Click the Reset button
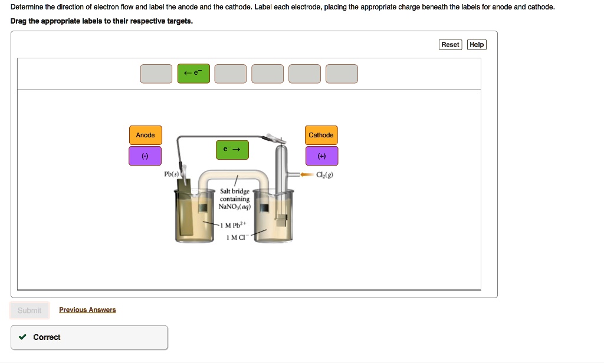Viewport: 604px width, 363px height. click(450, 45)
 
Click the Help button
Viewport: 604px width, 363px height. click(477, 45)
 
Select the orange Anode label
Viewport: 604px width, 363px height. click(145, 136)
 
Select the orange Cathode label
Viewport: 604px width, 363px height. click(321, 136)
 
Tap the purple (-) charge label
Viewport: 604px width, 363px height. click(145, 156)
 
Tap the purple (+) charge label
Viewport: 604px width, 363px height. click(321, 156)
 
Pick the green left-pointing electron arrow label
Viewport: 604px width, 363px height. click(193, 74)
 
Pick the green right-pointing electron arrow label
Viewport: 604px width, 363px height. click(232, 150)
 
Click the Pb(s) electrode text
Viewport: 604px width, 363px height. click(172, 175)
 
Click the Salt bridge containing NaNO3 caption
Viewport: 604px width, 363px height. click(235, 199)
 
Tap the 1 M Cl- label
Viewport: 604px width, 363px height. click(236, 237)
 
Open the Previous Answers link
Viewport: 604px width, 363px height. click(87, 310)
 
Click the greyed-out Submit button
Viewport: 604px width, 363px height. click(29, 311)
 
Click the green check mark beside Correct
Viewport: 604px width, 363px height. click(22, 337)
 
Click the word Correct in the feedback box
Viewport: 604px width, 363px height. click(47, 337)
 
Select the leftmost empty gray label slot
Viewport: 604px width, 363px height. click(156, 74)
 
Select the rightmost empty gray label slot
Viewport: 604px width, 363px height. click(342, 74)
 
